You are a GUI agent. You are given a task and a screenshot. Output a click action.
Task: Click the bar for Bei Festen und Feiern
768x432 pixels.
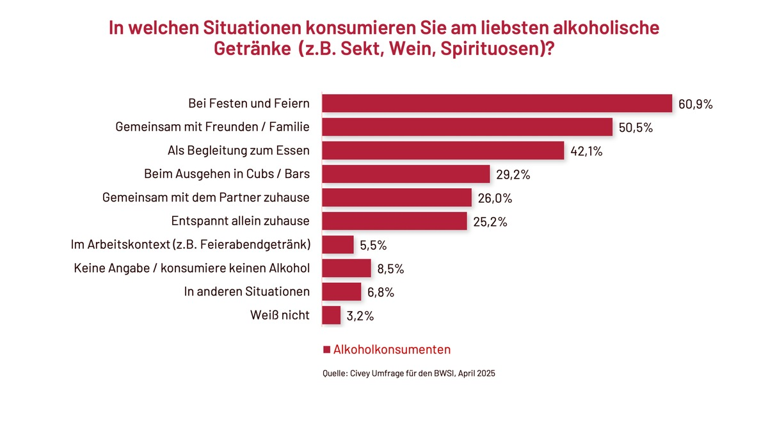(x=497, y=104)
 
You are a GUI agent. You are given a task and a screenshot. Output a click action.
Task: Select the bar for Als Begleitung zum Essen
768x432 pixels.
(x=443, y=150)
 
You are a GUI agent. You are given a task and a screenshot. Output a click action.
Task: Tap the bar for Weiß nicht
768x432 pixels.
(x=332, y=315)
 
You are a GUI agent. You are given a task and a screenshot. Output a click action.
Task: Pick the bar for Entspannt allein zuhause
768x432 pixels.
(x=394, y=221)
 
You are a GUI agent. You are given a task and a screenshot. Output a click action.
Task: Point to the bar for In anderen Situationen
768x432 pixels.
(x=342, y=291)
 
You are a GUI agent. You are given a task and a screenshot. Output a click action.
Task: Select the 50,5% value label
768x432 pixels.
(x=636, y=128)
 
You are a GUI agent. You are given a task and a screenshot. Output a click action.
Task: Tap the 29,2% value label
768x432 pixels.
(x=513, y=175)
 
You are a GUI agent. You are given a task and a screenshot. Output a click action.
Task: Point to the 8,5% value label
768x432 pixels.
(x=390, y=269)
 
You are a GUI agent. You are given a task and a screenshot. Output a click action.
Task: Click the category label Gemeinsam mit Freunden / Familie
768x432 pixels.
(x=212, y=127)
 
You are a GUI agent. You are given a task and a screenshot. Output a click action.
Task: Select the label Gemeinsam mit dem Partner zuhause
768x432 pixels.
(x=206, y=198)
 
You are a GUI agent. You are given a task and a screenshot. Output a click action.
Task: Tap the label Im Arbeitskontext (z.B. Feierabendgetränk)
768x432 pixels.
(x=190, y=244)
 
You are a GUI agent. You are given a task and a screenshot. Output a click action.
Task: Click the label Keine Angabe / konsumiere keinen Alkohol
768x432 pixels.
(x=192, y=268)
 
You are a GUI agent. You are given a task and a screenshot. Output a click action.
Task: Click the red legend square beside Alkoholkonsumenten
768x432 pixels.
(x=326, y=349)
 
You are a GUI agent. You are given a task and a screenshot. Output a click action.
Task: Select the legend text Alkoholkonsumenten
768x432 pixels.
(x=392, y=349)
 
